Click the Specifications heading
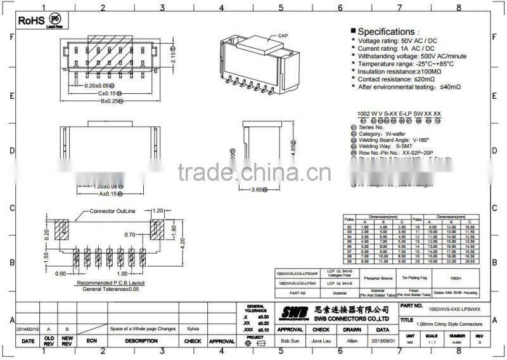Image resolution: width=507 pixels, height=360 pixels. pos(386,32)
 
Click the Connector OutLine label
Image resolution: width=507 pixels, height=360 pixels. pos(113,210)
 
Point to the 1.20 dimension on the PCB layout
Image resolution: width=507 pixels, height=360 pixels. pos(158,210)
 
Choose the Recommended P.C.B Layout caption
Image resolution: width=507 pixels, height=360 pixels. pos(110,283)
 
